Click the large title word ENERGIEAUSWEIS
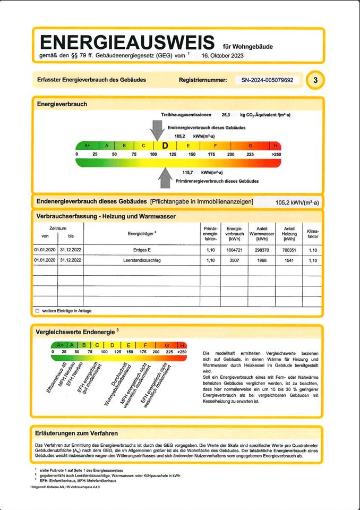[x=127, y=42]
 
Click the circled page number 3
[x=316, y=80]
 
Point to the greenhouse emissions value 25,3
[x=226, y=115]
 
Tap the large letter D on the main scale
[x=165, y=146]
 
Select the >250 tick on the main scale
[x=276, y=154]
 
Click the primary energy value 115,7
[x=188, y=173]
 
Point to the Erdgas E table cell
[x=142, y=249]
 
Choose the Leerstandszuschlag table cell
[x=142, y=260]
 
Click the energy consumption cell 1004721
[x=234, y=249]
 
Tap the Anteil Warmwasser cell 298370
[x=261, y=249]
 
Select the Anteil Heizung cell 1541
[x=289, y=260]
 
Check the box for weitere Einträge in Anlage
[x=37, y=310]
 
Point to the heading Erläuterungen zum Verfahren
[x=76, y=433]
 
